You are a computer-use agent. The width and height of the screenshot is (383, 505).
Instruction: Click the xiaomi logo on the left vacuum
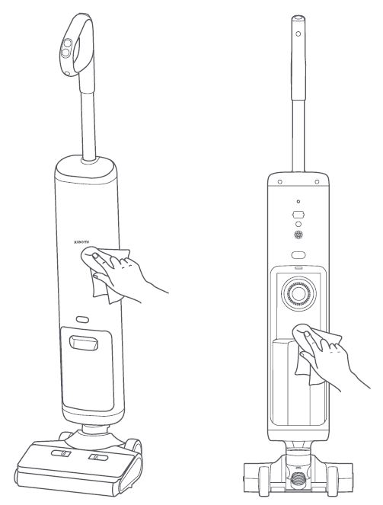[81, 241]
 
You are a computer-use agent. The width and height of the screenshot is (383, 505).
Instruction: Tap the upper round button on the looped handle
[68, 43]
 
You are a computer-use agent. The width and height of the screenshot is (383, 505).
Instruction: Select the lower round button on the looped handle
[65, 52]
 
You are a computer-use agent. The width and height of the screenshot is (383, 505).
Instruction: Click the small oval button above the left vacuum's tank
[82, 319]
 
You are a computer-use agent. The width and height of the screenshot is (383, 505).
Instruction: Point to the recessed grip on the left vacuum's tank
[84, 343]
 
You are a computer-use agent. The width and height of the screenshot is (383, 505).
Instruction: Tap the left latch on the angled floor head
[61, 454]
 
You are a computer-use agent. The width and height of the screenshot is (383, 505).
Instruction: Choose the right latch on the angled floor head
[98, 457]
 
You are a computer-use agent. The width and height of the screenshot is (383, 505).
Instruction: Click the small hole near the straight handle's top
[298, 34]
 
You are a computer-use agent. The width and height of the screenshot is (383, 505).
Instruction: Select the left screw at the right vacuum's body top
[279, 182]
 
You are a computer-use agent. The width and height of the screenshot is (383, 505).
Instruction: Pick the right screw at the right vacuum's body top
[317, 182]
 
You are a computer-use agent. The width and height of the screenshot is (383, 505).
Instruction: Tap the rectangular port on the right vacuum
[298, 214]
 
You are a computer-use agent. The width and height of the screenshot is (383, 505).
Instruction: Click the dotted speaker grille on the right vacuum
[298, 235]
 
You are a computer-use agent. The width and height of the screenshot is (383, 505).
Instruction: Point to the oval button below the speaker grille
[298, 255]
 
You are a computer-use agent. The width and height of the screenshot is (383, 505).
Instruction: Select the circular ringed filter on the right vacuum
[298, 293]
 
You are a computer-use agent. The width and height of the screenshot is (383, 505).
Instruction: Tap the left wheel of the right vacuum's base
[263, 481]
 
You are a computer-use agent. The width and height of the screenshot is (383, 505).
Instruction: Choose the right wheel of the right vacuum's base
[333, 481]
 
